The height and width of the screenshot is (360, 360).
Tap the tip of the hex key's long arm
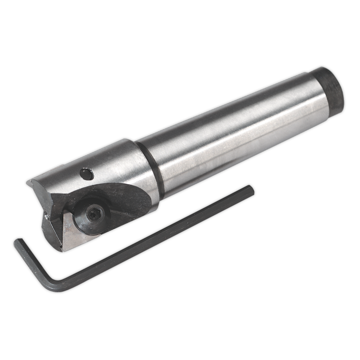(x=250, y=188)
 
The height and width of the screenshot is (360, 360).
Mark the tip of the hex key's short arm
(x=17, y=241)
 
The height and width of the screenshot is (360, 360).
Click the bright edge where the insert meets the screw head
(x=71, y=219)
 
